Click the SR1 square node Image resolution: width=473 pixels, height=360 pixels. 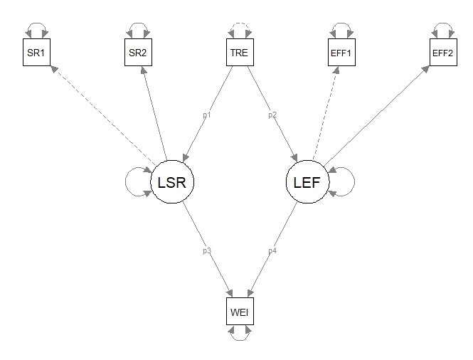tap(36, 53)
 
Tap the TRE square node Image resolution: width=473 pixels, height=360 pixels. tap(237, 53)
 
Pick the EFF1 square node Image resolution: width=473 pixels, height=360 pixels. tap(342, 53)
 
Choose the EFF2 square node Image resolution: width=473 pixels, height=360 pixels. tap(442, 53)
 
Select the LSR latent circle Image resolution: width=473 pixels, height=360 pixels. tap(172, 182)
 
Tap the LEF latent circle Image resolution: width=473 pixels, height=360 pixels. tap(307, 182)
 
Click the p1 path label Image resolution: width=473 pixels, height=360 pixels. tap(208, 114)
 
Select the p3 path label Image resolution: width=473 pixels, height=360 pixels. tap(208, 250)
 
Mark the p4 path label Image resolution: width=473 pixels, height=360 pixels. tap(271, 250)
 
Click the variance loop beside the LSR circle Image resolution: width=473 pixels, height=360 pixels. tap(135, 183)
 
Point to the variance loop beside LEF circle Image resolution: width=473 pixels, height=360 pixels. tap(344, 183)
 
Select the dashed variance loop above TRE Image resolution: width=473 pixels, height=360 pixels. tap(237, 29)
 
